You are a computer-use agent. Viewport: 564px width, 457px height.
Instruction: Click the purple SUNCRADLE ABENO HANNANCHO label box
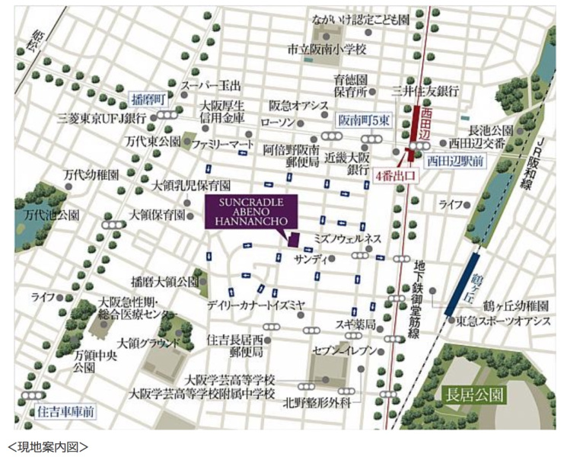pos(252,215)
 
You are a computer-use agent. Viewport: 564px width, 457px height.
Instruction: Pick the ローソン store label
pos(277,122)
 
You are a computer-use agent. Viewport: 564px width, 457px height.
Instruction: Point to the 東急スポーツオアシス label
pos(504,322)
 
